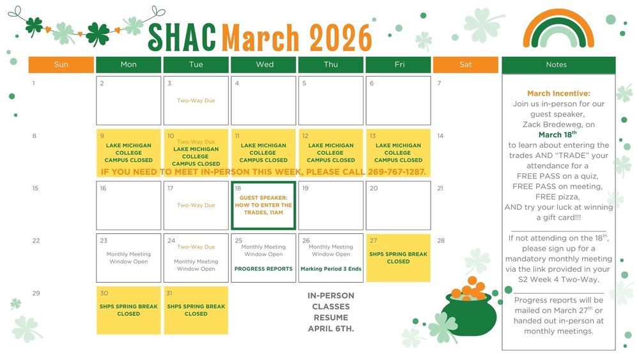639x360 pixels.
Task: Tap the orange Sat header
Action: coord(465,65)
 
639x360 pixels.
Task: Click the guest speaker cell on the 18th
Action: coord(263,205)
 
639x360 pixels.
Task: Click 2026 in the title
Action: coord(340,37)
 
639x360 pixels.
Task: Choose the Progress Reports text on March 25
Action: coord(263,269)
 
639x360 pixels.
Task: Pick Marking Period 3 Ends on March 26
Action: coord(330,269)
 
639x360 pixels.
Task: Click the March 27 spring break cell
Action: coord(398,258)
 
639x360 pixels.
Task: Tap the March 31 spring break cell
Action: coord(196,310)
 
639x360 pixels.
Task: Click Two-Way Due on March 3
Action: coord(196,100)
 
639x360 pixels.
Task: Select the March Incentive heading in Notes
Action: coord(558,93)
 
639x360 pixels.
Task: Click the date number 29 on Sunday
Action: coord(36,293)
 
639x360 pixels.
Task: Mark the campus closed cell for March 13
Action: coord(398,153)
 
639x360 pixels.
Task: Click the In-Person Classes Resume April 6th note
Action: coord(330,312)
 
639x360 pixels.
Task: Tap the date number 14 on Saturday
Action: coord(440,136)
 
